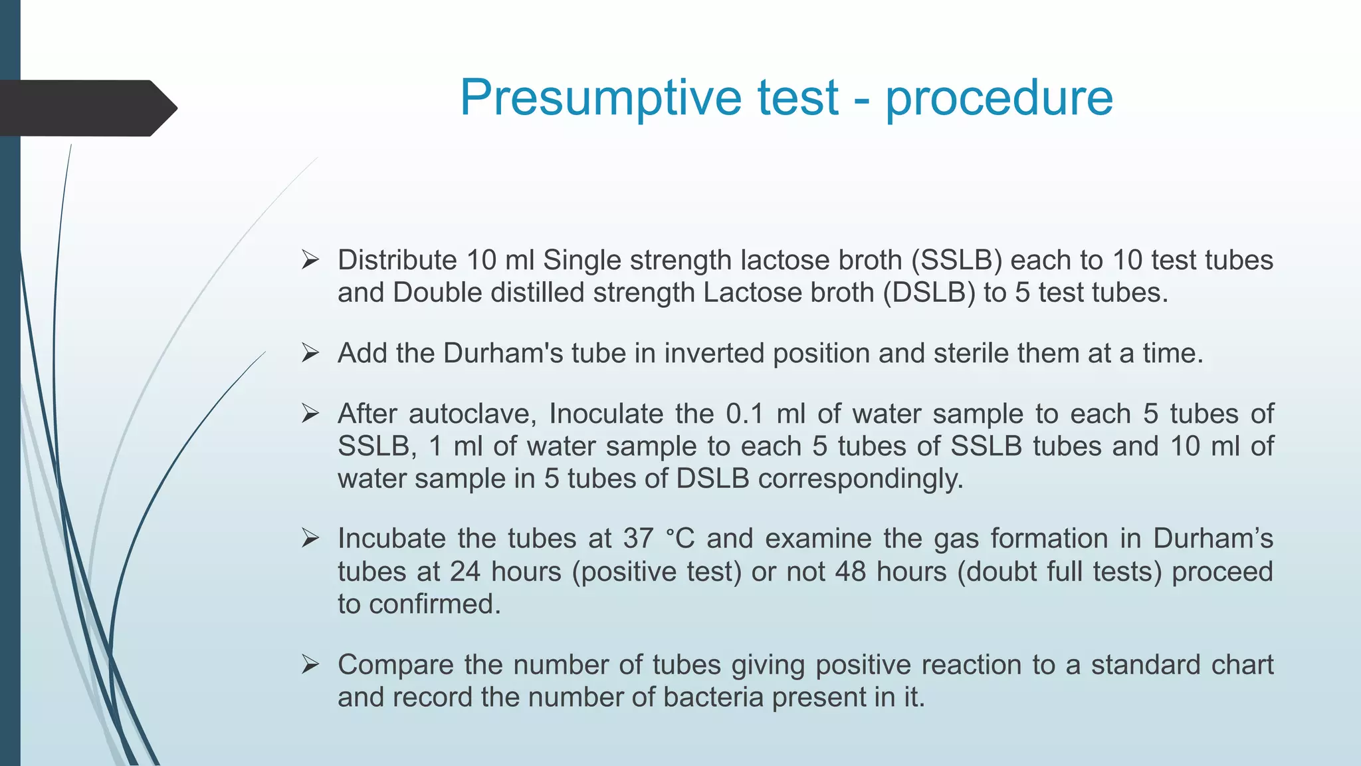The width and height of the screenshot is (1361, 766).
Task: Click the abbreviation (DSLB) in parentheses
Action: tap(929, 293)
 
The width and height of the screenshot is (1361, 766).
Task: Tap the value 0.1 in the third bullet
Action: tap(744, 414)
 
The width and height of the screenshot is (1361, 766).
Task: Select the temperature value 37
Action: tap(639, 539)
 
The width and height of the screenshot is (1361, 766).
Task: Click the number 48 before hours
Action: tap(851, 571)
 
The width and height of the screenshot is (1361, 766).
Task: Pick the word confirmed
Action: tap(435, 604)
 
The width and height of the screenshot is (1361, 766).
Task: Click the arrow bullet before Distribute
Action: tap(310, 260)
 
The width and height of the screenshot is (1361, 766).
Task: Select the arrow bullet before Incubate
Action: tap(310, 539)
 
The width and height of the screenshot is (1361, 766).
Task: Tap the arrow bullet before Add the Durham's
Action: tap(310, 353)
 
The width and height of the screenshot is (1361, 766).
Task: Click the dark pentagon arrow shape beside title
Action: tap(86, 108)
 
